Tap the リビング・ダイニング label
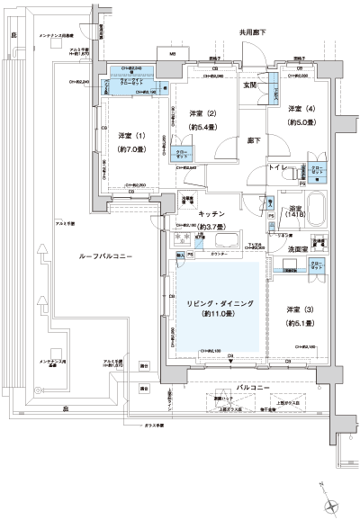click(220, 302)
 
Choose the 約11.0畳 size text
click(220, 315)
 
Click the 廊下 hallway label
click(255, 141)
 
